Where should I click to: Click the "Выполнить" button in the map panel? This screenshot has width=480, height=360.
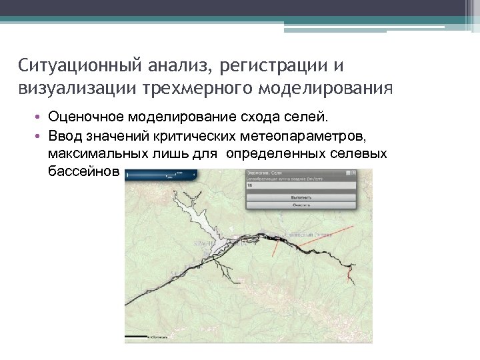[300, 198]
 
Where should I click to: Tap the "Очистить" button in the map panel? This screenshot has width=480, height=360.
[300, 207]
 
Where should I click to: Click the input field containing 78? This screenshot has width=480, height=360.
[300, 187]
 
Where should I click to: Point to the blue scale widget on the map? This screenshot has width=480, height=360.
[160, 175]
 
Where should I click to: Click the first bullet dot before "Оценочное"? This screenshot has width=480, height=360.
[40, 118]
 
